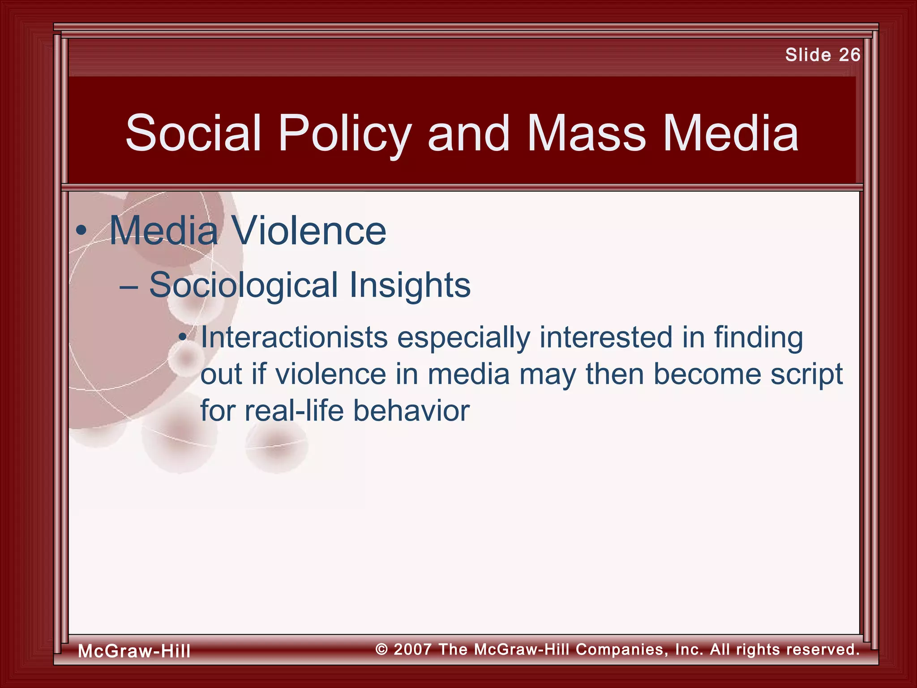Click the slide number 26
[x=849, y=55]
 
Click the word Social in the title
[x=193, y=133]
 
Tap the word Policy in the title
[x=344, y=133]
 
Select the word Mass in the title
[x=586, y=133]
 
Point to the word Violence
[x=309, y=231]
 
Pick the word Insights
[x=409, y=285]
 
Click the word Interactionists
[x=294, y=337]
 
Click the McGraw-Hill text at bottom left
[x=134, y=651]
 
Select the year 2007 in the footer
[x=412, y=649]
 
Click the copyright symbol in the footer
[x=381, y=649]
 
